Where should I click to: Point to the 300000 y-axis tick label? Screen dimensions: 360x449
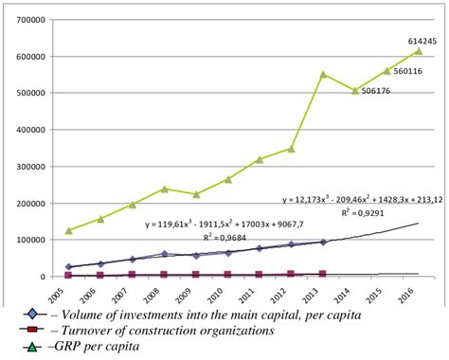click(30, 167)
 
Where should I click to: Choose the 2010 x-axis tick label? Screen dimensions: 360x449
click(227, 295)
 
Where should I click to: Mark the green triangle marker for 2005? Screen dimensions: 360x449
click(68, 230)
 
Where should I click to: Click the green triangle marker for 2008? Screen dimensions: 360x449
click(164, 189)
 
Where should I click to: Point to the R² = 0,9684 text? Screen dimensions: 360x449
click(218, 239)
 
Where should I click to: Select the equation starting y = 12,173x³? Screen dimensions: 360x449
click(363, 201)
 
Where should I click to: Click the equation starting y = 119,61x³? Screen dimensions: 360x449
click(212, 225)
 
